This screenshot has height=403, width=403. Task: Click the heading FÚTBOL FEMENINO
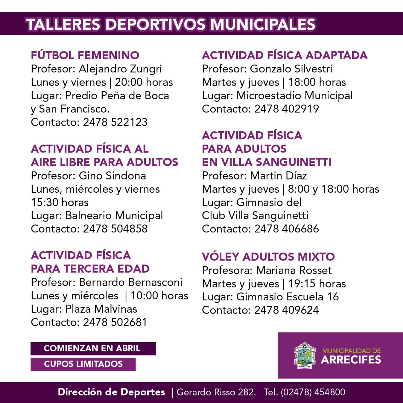pos(85,55)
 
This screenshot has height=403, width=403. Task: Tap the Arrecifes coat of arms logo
pos(304,355)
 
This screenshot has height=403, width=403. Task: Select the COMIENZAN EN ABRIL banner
pos(93,349)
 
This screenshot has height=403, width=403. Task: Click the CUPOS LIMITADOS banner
pos(83,364)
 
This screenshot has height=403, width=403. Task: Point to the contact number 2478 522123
pos(115,122)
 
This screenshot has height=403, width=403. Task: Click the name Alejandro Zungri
pos(120,69)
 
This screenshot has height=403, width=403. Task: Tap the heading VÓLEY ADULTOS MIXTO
pos(268,257)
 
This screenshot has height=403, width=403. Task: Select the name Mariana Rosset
pos(294,270)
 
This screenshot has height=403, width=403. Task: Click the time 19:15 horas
pos(317,284)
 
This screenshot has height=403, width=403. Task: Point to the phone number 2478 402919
pos(287,109)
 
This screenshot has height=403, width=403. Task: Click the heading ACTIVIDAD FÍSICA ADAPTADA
pos(285,55)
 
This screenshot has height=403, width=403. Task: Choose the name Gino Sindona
pos(112,176)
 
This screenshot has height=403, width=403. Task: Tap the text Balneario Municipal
pos(114,216)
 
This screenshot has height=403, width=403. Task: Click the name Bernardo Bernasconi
pos(131,282)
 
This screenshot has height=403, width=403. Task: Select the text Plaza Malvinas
pos(101,309)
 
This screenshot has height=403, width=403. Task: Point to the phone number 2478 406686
pos(287,229)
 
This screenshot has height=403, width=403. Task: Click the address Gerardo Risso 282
pos(216,392)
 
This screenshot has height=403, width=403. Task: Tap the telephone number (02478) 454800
pos(313,392)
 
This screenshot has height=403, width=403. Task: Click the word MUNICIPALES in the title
pos(263,25)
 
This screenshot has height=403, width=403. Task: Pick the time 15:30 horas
pos(60,202)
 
